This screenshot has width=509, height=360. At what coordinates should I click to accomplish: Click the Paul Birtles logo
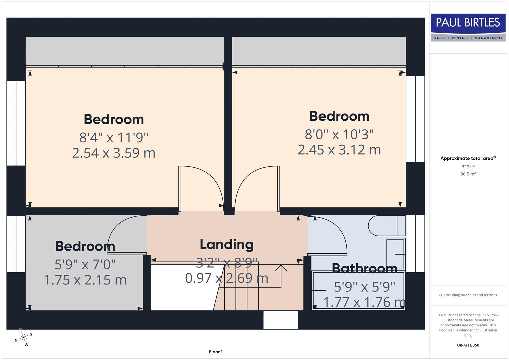coord(468,27)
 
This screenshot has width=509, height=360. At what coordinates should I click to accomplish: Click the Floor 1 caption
coord(216,352)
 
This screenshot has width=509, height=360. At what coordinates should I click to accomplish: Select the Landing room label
coord(226,244)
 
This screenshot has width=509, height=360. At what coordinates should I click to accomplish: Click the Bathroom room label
coord(364,268)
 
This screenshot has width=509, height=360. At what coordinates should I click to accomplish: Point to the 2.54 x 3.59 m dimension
coord(114,153)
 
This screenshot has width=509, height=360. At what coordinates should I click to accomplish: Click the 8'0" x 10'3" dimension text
coord(339,134)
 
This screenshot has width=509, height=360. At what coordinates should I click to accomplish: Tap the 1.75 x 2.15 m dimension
coord(85,280)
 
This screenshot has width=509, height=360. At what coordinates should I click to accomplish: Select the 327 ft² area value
coord(468,167)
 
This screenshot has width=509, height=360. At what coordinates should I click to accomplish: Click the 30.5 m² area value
coord(468,174)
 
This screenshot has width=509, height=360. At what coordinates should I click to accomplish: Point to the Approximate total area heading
coord(468,158)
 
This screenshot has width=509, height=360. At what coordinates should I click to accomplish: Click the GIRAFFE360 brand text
coord(468,345)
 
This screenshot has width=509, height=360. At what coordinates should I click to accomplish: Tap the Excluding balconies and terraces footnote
coord(468,295)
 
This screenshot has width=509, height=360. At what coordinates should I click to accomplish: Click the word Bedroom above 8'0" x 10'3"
coord(339,116)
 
